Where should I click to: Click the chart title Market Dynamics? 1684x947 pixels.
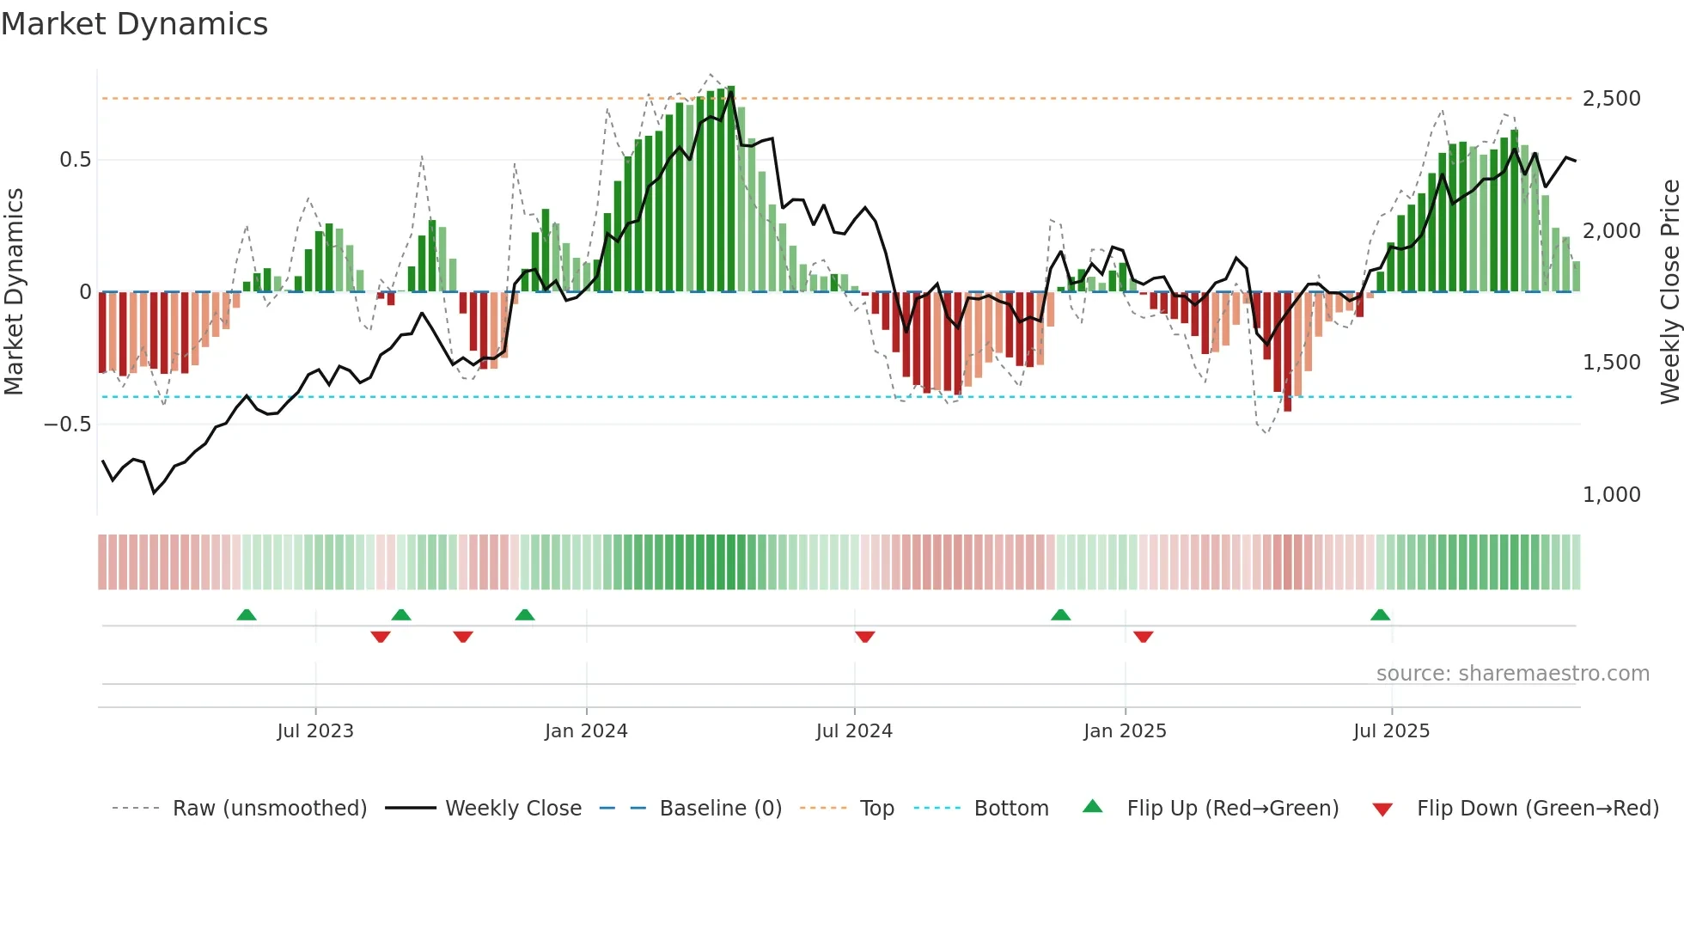[x=134, y=24]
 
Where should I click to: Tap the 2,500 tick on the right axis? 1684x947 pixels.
[x=1611, y=99]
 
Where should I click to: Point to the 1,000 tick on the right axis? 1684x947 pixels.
[x=1611, y=495]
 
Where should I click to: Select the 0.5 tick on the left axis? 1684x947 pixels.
[x=75, y=160]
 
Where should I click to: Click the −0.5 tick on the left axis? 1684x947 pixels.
[x=67, y=425]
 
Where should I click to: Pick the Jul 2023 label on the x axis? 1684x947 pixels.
[x=315, y=731]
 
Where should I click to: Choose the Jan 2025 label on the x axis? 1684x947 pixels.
[x=1125, y=731]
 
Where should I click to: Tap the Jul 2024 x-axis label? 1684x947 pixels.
[x=854, y=731]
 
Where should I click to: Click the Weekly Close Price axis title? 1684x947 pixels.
[x=1669, y=291]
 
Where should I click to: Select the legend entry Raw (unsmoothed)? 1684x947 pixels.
[x=269, y=809]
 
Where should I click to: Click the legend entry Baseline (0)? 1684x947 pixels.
[x=720, y=809]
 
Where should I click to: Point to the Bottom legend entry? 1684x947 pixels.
[x=1010, y=809]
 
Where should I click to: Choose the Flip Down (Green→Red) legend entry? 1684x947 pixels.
[x=1537, y=809]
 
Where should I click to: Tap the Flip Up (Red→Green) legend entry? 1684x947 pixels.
[x=1232, y=809]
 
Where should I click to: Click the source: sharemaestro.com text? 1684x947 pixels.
[x=1512, y=674]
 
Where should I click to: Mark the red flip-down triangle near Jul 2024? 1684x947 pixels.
[x=865, y=637]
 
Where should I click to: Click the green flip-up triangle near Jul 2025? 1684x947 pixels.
[x=1381, y=615]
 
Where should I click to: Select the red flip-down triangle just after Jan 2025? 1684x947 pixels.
[x=1143, y=637]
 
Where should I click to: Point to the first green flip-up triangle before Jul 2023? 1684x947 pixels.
[x=247, y=615]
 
